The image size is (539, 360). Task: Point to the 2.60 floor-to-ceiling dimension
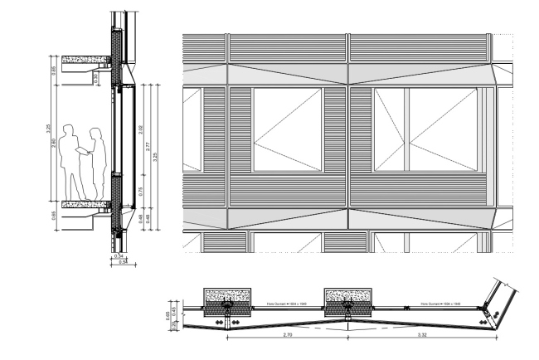point(55,144)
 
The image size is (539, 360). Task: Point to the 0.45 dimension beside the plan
point(173,313)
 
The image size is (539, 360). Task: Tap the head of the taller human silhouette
point(68,130)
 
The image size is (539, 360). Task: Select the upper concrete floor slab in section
point(85,60)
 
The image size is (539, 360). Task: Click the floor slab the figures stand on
point(85,205)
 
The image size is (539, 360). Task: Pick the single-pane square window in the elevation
point(287,129)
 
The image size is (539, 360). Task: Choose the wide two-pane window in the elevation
point(425,129)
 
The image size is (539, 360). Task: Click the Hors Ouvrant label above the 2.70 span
point(286,304)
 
